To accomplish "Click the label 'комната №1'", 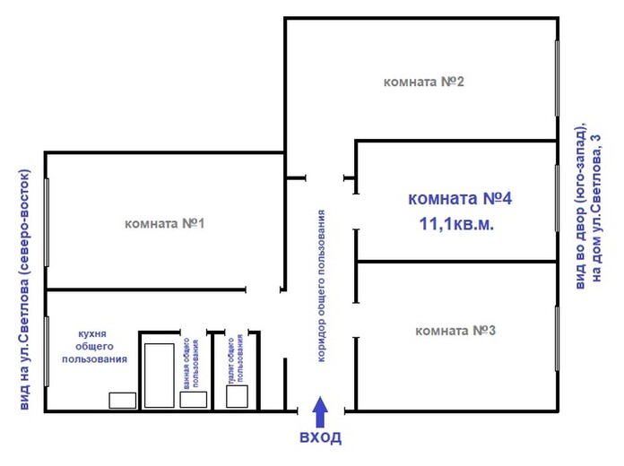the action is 165,224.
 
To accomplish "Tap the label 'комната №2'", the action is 423,82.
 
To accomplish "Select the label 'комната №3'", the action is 455,331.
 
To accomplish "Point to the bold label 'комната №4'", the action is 460,198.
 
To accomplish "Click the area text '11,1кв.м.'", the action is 457,224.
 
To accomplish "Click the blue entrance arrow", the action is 320,411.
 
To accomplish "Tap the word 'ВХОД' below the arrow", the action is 320,437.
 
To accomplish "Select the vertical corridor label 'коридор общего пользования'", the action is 321,286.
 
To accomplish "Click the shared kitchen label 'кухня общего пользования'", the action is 94,346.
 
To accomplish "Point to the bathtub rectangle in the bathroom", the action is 160,375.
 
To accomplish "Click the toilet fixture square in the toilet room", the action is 237,396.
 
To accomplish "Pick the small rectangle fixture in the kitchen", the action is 123,401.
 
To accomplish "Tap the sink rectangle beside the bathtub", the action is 194,400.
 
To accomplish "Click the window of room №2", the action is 557,78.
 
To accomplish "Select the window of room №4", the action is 557,198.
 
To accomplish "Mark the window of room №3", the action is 557,339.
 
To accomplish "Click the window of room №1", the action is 47,222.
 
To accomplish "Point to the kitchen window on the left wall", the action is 47,351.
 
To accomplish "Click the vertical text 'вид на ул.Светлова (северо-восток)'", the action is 25,289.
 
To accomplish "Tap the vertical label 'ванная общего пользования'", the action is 191,363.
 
